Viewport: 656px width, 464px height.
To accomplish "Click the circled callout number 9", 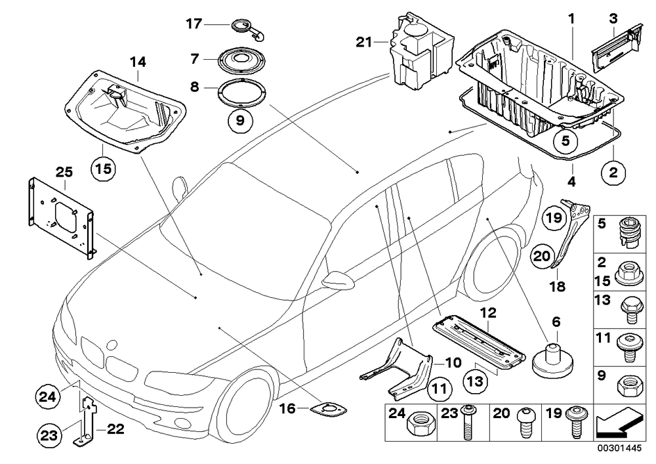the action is click(x=240, y=121).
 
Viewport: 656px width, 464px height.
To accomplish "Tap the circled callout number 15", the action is click(x=104, y=169).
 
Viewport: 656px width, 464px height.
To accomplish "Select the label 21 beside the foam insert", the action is click(x=363, y=42).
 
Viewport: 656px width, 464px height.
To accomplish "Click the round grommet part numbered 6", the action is click(x=552, y=361).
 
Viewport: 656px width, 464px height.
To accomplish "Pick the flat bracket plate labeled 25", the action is click(x=60, y=215).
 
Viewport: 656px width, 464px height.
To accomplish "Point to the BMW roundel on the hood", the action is click(x=112, y=345).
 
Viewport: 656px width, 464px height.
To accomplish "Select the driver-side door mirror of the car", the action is click(x=338, y=280).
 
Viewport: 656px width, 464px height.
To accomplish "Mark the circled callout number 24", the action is click(x=47, y=396).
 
